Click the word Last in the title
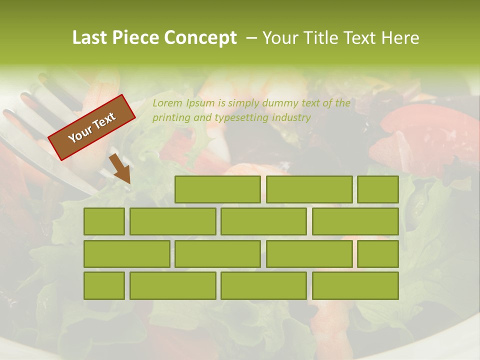(89, 38)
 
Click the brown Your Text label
(91, 127)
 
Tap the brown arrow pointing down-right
(120, 169)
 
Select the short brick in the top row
(377, 189)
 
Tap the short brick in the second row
(104, 221)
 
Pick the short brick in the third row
(377, 254)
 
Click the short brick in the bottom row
(104, 286)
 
